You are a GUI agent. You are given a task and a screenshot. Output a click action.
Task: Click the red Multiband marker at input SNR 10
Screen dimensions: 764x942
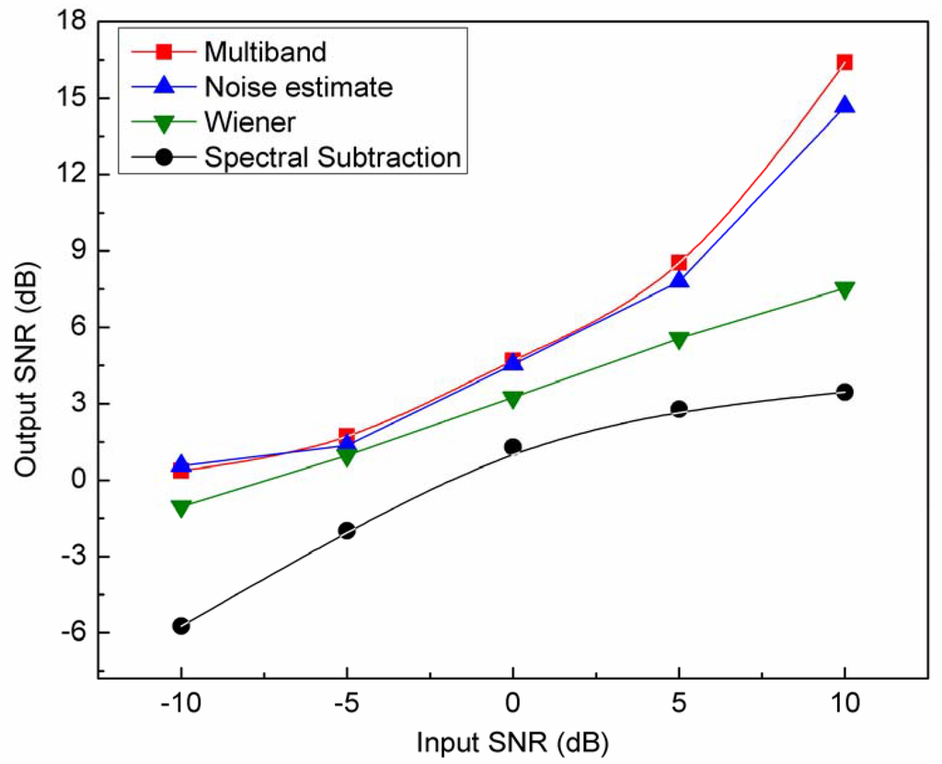click(844, 63)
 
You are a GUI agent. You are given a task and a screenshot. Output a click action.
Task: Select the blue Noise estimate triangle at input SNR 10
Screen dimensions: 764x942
click(844, 105)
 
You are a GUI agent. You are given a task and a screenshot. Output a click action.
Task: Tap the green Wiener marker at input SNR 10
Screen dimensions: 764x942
click(844, 291)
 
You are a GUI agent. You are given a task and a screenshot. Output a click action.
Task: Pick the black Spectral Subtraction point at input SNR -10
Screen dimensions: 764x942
click(181, 626)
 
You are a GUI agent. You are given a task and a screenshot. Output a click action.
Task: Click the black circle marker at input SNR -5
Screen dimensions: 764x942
click(347, 530)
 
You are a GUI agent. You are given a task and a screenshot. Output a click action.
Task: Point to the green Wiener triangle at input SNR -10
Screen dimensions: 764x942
click(181, 507)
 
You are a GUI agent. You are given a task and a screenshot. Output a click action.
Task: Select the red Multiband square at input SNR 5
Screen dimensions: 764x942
click(678, 263)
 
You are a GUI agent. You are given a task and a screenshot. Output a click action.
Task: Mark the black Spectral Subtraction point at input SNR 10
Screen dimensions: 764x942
click(844, 393)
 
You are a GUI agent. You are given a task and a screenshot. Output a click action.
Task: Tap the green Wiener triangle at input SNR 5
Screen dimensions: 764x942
click(678, 340)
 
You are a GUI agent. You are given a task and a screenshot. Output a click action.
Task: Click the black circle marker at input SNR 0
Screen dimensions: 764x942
click(512, 447)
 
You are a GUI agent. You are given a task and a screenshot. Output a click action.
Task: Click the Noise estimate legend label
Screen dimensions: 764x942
click(299, 87)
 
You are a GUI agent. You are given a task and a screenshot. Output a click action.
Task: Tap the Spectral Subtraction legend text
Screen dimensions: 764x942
click(332, 157)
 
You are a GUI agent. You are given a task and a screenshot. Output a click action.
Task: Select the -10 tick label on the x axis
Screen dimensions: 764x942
click(181, 703)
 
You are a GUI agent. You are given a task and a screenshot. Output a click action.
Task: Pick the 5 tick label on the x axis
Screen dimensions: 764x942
click(678, 703)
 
